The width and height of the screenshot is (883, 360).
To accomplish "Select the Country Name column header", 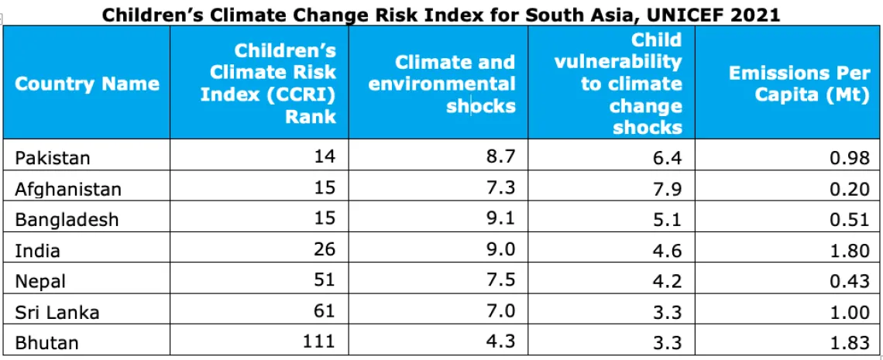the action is [x=88, y=84].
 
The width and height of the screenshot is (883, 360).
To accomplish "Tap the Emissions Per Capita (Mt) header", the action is [x=799, y=84].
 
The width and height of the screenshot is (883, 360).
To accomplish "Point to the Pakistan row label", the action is [x=53, y=158].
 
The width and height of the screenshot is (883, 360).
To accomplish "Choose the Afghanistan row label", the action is [x=68, y=190].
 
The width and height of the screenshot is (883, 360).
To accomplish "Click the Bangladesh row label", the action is [x=67, y=219].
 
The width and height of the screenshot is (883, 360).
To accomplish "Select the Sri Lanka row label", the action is [x=57, y=312].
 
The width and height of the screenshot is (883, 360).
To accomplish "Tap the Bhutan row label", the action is [x=46, y=342].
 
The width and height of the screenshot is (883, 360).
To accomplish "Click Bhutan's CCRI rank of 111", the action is [x=318, y=341].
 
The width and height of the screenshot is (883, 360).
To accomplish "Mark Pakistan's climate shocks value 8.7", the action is [x=501, y=157].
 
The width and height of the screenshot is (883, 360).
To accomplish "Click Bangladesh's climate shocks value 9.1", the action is [x=501, y=218].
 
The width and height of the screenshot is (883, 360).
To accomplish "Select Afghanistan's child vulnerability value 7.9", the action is [x=668, y=188].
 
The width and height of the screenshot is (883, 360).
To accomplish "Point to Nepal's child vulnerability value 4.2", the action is [x=668, y=280].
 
